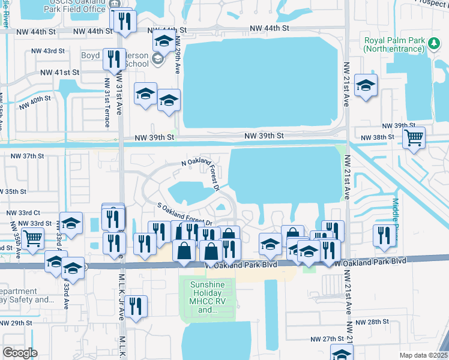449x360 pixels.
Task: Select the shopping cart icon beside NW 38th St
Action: [x=414, y=138]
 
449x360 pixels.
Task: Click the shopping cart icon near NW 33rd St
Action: [x=32, y=239]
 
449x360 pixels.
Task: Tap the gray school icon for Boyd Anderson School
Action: [x=157, y=58]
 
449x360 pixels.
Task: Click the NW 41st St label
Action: [x=59, y=72]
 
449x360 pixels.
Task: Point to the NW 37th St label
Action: [x=28, y=155]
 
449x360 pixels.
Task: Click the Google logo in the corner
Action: [x=20, y=352]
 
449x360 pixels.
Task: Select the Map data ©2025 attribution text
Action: [x=423, y=355]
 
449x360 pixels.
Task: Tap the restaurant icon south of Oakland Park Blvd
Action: [x=136, y=307]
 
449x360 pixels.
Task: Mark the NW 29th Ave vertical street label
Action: [x=178, y=54]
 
